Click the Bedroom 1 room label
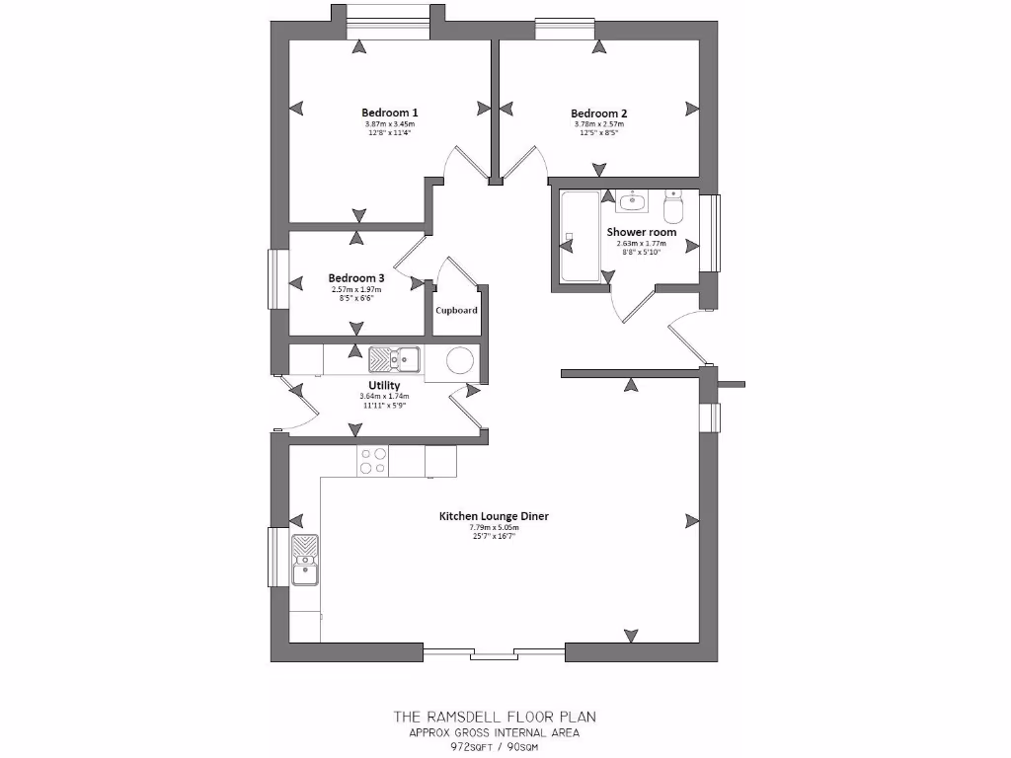389,113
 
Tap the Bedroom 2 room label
598,114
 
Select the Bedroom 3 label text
356,278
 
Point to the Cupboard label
457,310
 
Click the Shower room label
641,232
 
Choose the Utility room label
384,385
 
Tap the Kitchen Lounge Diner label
494,516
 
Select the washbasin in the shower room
631,202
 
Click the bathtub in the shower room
579,237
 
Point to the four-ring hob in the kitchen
373,461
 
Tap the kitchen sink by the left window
305,559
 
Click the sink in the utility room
394,358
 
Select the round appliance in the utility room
461,362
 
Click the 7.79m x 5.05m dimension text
494,528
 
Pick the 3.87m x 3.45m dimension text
389,124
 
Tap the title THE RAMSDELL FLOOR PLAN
494,717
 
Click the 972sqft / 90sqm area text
494,746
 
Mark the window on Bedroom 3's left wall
278,280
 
